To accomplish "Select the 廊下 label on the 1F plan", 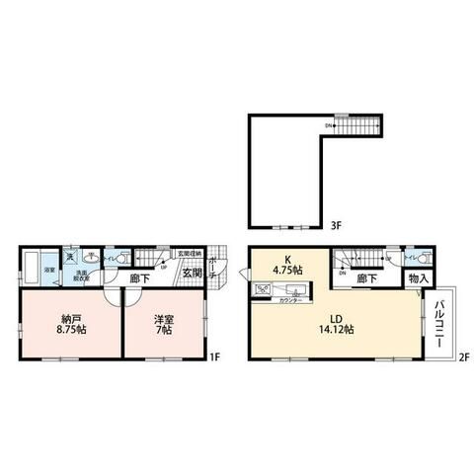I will [x=141, y=277].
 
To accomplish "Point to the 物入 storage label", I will [x=417, y=279].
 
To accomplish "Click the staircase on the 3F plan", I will [x=359, y=124].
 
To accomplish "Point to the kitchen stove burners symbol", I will [x=264, y=289].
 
